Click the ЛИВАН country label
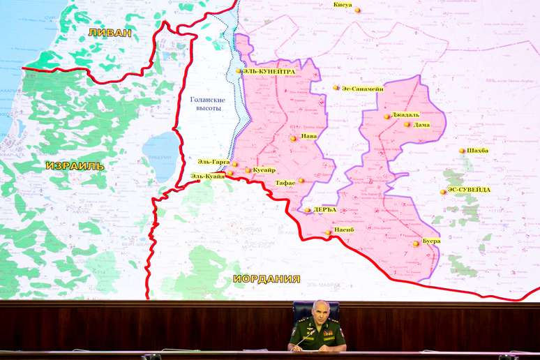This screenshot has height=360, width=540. pyautogui.click(x=110, y=32)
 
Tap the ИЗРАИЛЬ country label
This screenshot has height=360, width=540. pyautogui.click(x=75, y=166)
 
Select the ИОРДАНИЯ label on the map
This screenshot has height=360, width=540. pyautogui.click(x=267, y=278)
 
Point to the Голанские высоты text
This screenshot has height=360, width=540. pyautogui.click(x=207, y=104)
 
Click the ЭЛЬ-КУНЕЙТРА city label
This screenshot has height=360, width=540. pyautogui.click(x=269, y=71)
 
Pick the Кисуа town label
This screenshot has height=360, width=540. pyautogui.click(x=343, y=5)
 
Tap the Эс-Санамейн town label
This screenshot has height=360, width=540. pyautogui.click(x=363, y=88)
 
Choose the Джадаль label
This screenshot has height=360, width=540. pyautogui.click(x=405, y=114)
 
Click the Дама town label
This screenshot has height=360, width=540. pyautogui.click(x=422, y=125)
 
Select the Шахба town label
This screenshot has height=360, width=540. pyautogui.click(x=478, y=151)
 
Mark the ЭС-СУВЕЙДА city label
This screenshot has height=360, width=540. pyautogui.click(x=469, y=190)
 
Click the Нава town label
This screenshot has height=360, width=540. pyautogui.click(x=308, y=137)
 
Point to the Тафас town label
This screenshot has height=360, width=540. pyautogui.click(x=285, y=182)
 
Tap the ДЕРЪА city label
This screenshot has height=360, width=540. pyautogui.click(x=324, y=209)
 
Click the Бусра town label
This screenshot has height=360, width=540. pyautogui.click(x=431, y=241)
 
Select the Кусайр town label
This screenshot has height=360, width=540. pyautogui.click(x=264, y=170)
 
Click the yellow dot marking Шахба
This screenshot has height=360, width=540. pyautogui.click(x=462, y=151)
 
